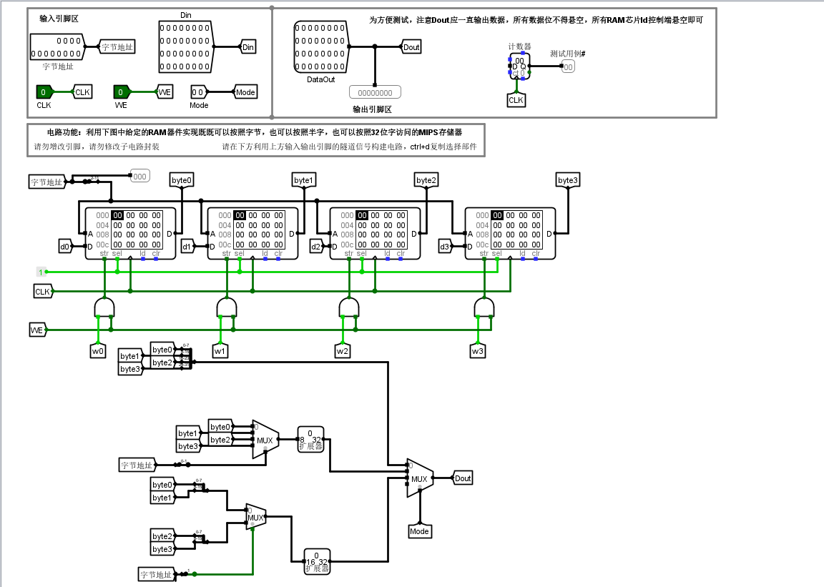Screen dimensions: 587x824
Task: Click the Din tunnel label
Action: [x=248, y=47]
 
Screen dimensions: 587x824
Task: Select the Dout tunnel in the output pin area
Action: [x=411, y=47]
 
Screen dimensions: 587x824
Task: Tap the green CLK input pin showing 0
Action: [x=44, y=92]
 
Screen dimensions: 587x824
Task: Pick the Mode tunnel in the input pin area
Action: [x=245, y=92]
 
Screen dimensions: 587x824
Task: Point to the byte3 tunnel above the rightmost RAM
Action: [x=567, y=180]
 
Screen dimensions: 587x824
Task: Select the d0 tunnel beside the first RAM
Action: [x=65, y=247]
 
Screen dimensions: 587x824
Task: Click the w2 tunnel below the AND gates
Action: [x=343, y=351]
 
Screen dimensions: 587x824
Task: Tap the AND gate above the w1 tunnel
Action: [x=227, y=307]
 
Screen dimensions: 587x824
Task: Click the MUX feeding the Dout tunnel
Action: [x=419, y=478]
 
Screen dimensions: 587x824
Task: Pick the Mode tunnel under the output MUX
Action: [x=419, y=531]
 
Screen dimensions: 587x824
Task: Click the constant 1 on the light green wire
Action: [x=41, y=272]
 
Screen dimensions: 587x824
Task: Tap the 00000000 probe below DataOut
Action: [x=375, y=92]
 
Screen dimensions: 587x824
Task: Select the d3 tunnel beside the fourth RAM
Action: [x=445, y=247]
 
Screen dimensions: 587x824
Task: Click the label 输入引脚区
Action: [x=59, y=19]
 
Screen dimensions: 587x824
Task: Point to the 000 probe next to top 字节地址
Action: [x=139, y=176]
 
